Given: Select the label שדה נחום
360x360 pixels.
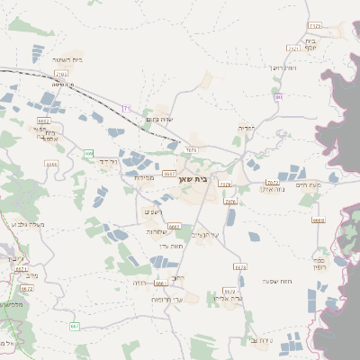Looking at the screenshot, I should click(x=157, y=120).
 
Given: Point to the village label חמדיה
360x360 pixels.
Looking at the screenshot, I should click(x=246, y=129).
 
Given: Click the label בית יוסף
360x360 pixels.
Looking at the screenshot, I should click(x=310, y=44).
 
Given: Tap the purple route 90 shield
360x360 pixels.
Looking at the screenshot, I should click(x=279, y=96).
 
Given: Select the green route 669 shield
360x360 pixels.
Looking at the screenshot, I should click(x=88, y=154).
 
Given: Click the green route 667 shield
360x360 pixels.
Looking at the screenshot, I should click(x=75, y=325).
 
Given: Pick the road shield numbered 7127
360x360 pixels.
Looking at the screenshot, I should click(x=314, y=26).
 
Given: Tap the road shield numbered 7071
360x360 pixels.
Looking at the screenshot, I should click(x=190, y=149).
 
